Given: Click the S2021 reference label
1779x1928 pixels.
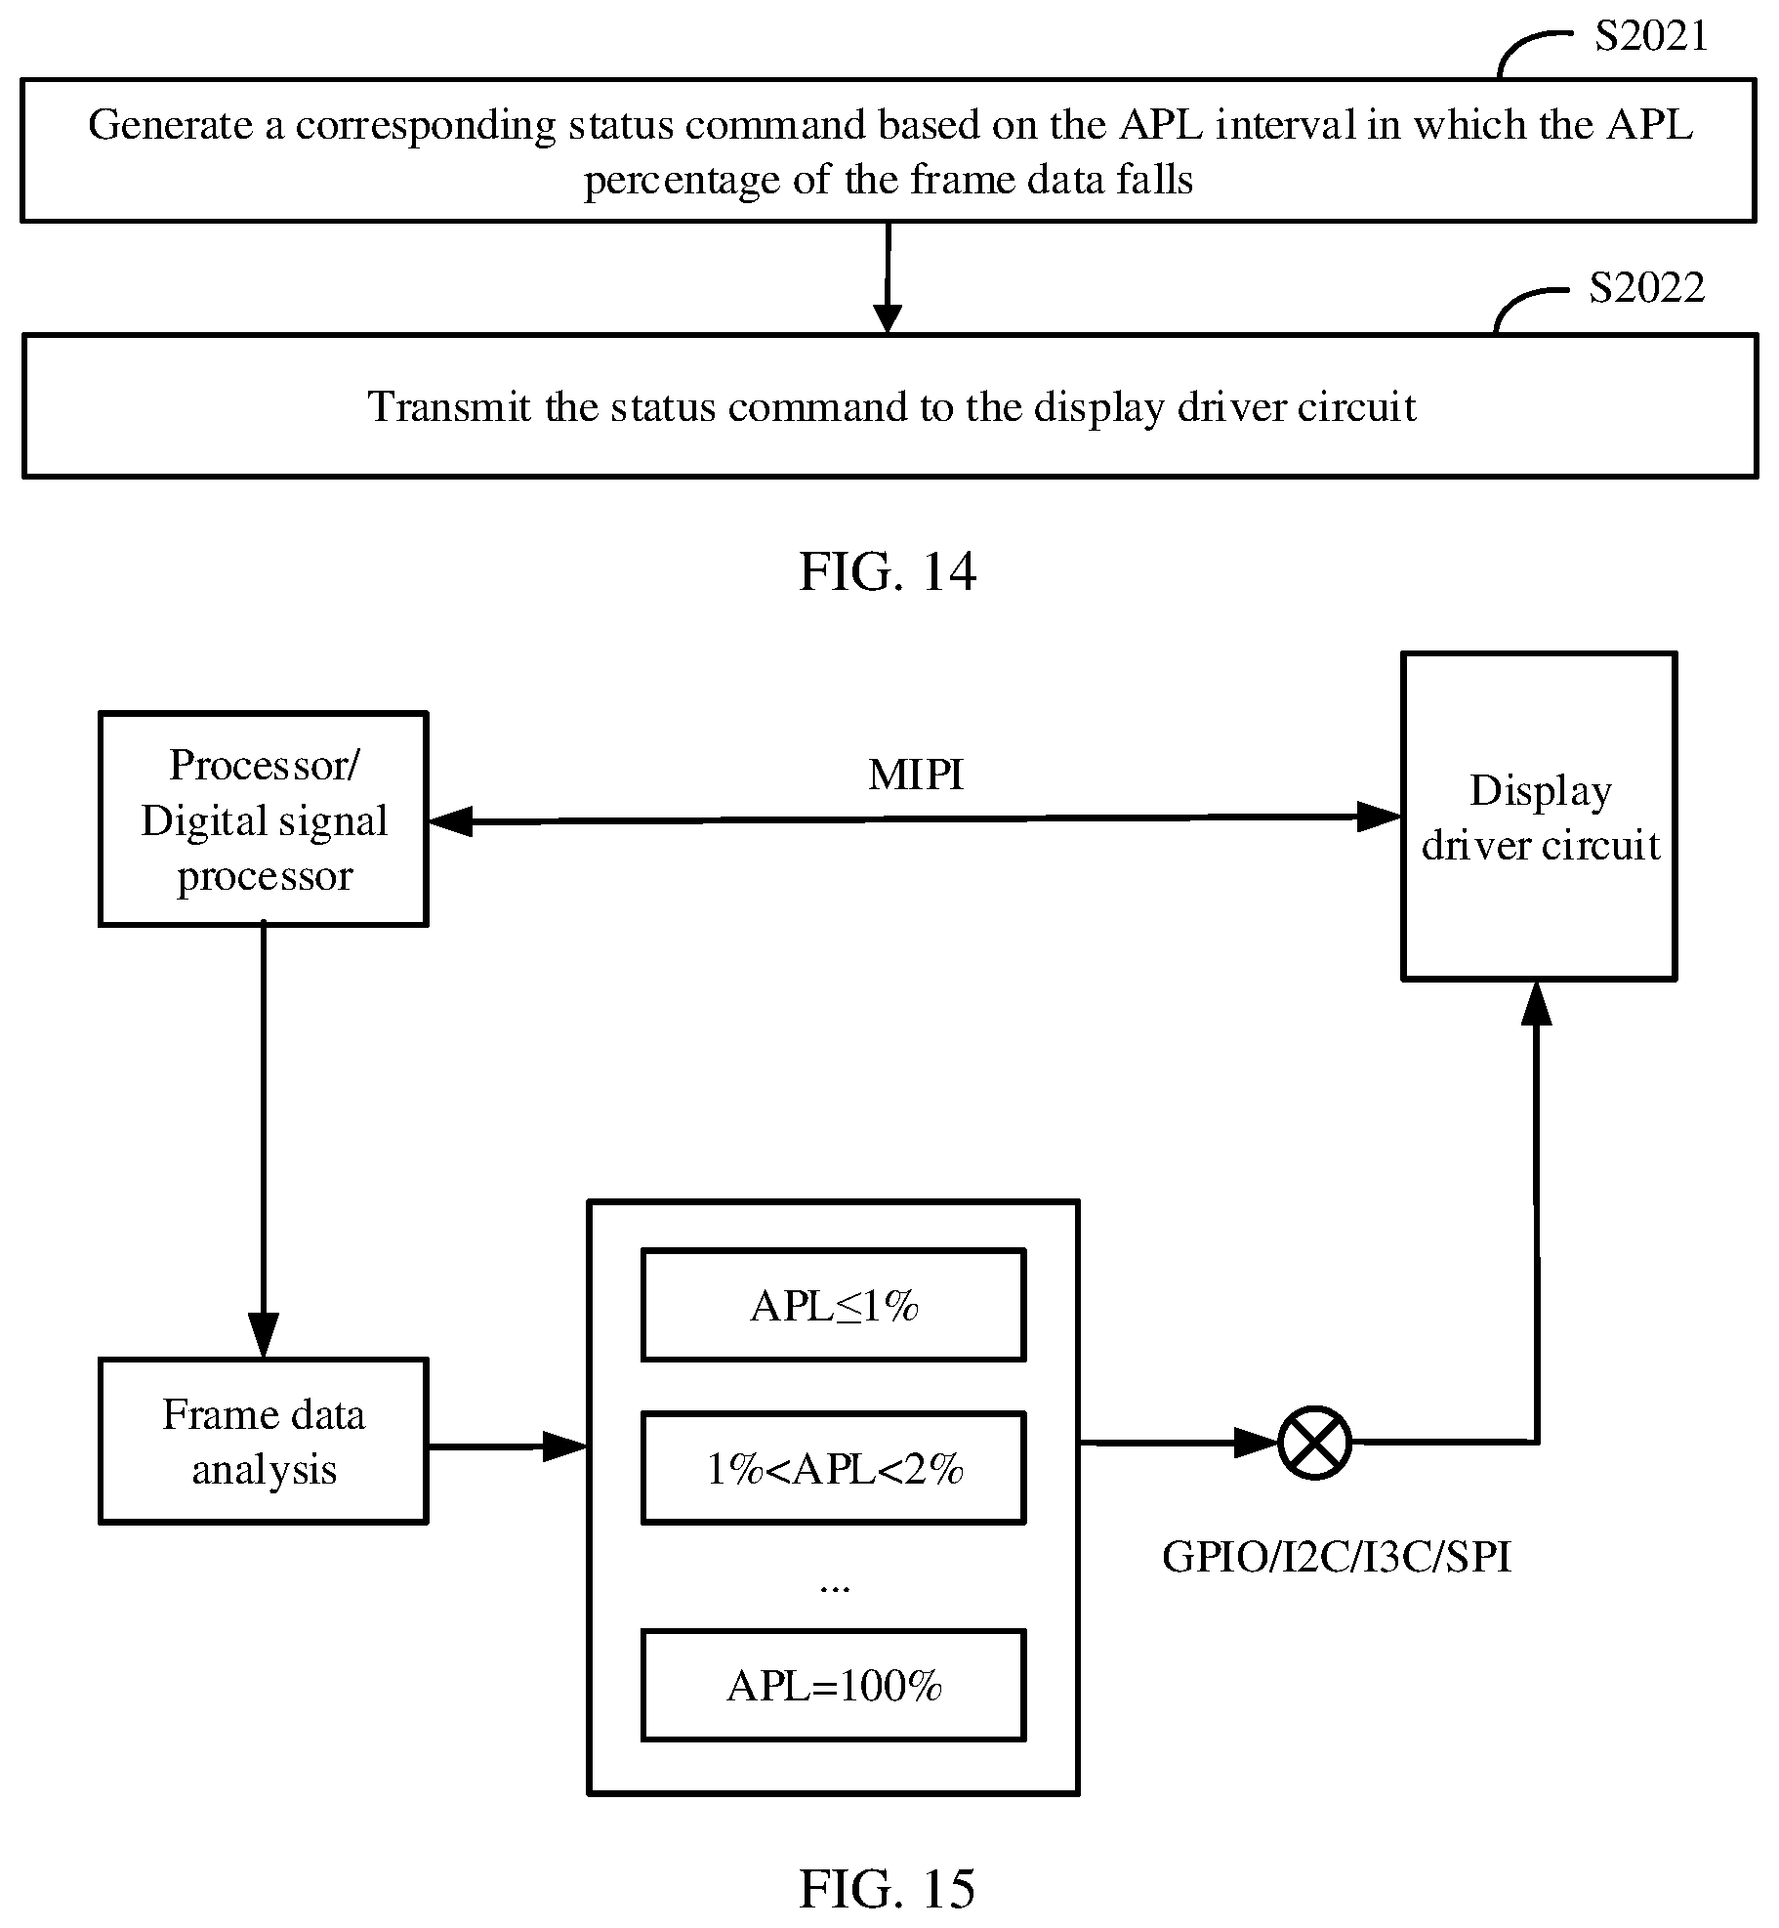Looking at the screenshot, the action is tap(1652, 37).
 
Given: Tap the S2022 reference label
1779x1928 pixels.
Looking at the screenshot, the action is tap(1647, 288).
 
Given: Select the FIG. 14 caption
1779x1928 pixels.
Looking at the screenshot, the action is tap(888, 571).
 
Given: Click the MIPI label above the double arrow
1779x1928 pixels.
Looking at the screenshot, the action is tap(916, 775).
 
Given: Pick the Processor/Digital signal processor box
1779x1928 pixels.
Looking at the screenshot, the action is tap(264, 818).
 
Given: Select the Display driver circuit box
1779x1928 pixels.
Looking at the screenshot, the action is tap(1539, 816).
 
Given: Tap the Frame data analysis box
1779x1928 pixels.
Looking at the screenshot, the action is tap(264, 1441).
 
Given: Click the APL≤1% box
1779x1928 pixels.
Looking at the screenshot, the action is tap(833, 1305).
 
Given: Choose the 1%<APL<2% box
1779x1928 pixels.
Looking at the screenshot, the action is tap(833, 1468).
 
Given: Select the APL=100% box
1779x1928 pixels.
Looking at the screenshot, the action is tap(833, 1686).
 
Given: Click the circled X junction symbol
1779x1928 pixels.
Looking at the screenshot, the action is tap(1315, 1443).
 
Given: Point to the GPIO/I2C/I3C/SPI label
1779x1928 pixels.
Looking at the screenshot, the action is tap(1337, 1557).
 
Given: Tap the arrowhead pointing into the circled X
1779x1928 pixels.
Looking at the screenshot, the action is tap(1258, 1443).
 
